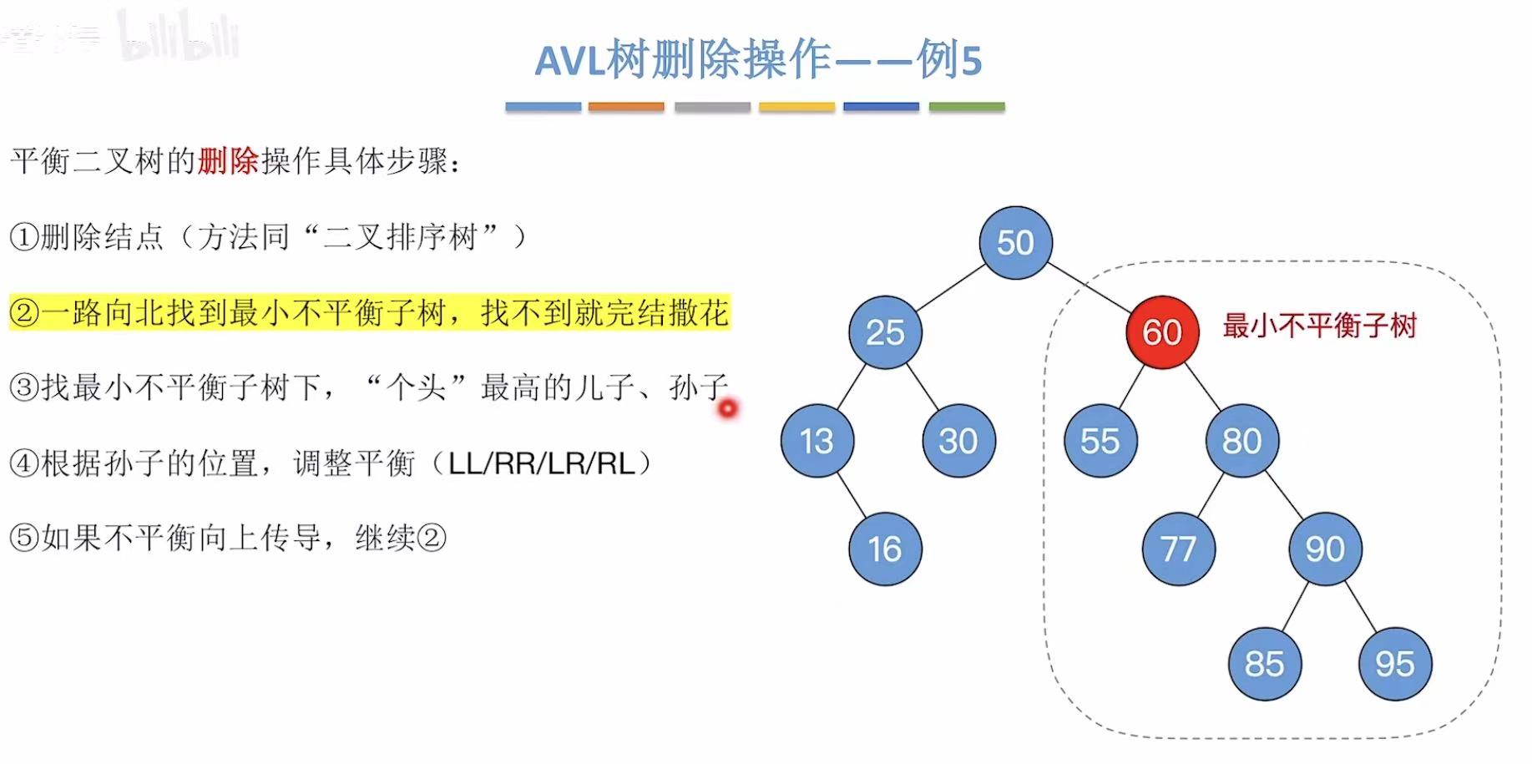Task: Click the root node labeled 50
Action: point(1015,242)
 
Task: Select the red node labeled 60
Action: point(1162,332)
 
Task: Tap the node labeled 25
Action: point(885,332)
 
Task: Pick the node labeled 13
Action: point(817,440)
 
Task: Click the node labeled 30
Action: point(958,440)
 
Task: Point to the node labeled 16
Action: point(885,549)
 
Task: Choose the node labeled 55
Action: point(1100,440)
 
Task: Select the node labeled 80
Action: point(1241,440)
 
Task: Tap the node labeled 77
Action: point(1178,549)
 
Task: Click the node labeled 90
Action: point(1325,549)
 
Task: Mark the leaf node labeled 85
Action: point(1264,664)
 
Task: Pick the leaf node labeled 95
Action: point(1395,664)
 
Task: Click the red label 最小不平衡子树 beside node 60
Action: point(1319,326)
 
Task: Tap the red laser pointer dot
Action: point(728,408)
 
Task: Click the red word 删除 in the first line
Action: point(228,160)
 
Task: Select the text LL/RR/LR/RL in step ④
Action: point(542,463)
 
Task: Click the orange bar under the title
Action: point(626,107)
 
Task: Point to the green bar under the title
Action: point(966,107)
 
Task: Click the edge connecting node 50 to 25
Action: point(950,288)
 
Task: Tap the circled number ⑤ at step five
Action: point(23,538)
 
